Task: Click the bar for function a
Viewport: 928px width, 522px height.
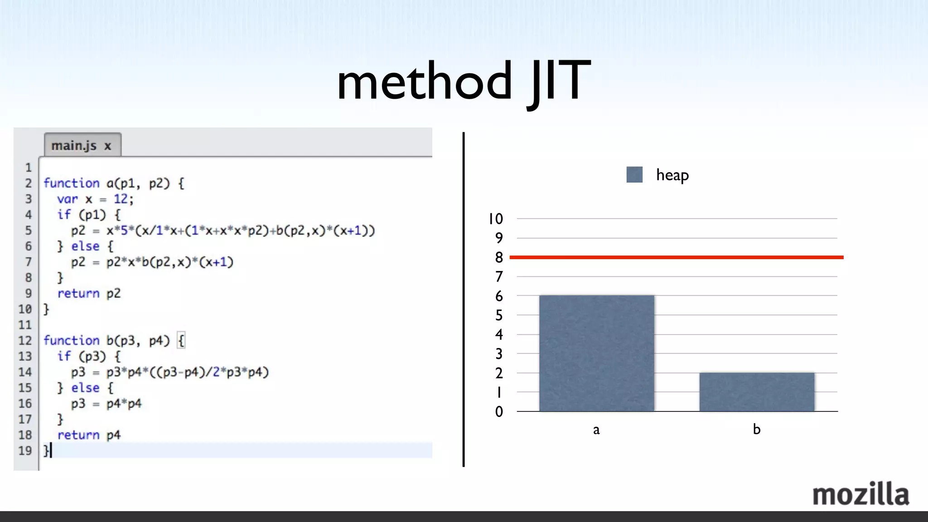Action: point(596,353)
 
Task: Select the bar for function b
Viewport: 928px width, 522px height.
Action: point(756,392)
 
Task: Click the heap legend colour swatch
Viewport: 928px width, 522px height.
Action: point(634,174)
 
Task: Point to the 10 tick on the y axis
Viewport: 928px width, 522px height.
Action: point(495,219)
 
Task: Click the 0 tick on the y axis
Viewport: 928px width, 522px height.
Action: point(499,411)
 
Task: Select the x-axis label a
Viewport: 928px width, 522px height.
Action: point(596,430)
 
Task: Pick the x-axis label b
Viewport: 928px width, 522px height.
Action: point(756,429)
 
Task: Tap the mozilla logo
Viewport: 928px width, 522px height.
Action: point(860,494)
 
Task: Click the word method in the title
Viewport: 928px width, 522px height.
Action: point(424,82)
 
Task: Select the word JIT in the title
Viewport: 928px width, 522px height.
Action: point(559,82)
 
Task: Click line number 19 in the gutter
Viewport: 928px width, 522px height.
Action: point(25,450)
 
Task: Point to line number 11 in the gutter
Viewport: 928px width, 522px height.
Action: point(25,325)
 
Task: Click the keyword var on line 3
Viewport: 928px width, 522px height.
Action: point(68,199)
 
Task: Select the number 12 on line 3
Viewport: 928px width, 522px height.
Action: point(121,199)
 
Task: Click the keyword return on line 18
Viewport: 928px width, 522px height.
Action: point(78,435)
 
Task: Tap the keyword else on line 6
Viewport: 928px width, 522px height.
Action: point(85,246)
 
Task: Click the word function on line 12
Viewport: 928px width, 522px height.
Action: point(71,340)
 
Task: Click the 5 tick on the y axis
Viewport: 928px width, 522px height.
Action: point(499,315)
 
